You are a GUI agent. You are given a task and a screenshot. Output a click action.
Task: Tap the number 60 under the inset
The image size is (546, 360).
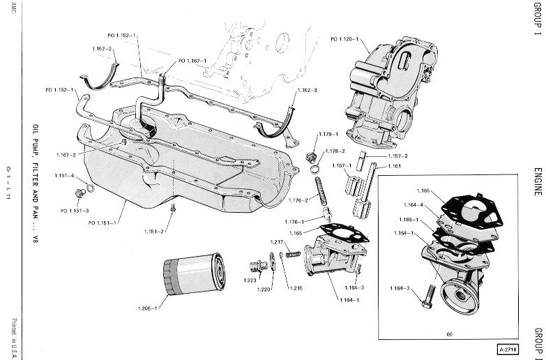click(448, 333)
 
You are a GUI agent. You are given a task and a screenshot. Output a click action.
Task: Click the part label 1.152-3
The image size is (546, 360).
click(306, 91)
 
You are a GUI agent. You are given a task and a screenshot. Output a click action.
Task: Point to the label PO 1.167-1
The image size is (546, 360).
click(192, 61)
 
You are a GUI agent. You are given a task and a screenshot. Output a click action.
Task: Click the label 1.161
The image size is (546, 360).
click(395, 167)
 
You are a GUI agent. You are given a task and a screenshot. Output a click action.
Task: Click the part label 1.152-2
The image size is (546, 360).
click(102, 48)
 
